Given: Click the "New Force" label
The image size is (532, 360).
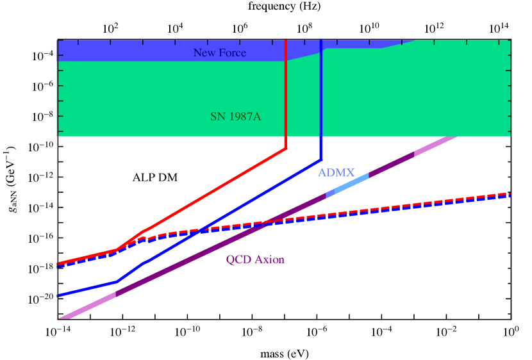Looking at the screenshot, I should point(219,53).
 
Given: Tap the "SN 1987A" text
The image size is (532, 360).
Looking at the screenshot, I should point(235,117).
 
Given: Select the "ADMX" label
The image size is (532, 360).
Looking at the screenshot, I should point(336,172).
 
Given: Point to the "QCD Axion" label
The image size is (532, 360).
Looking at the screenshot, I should point(255,259).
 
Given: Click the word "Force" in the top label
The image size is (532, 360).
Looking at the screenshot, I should point(233,53).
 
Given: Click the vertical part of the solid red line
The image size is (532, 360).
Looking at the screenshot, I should point(285,96).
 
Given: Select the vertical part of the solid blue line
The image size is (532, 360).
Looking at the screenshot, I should point(320,96).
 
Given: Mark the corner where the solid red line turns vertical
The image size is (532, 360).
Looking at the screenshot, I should point(285,149).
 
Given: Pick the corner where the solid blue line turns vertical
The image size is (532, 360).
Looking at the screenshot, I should point(320,159).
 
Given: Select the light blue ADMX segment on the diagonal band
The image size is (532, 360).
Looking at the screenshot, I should point(351,183).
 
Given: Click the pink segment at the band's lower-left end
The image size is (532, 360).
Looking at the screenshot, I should point(87,306).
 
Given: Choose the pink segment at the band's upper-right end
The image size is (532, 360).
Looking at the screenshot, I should point(436,145).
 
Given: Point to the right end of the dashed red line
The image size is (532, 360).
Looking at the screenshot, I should point(509,193).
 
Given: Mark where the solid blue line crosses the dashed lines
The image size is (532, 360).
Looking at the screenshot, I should point(199,230).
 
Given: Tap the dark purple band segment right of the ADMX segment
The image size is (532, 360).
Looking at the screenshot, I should point(391,164).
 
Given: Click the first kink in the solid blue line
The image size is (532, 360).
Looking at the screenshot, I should point(117,281).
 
